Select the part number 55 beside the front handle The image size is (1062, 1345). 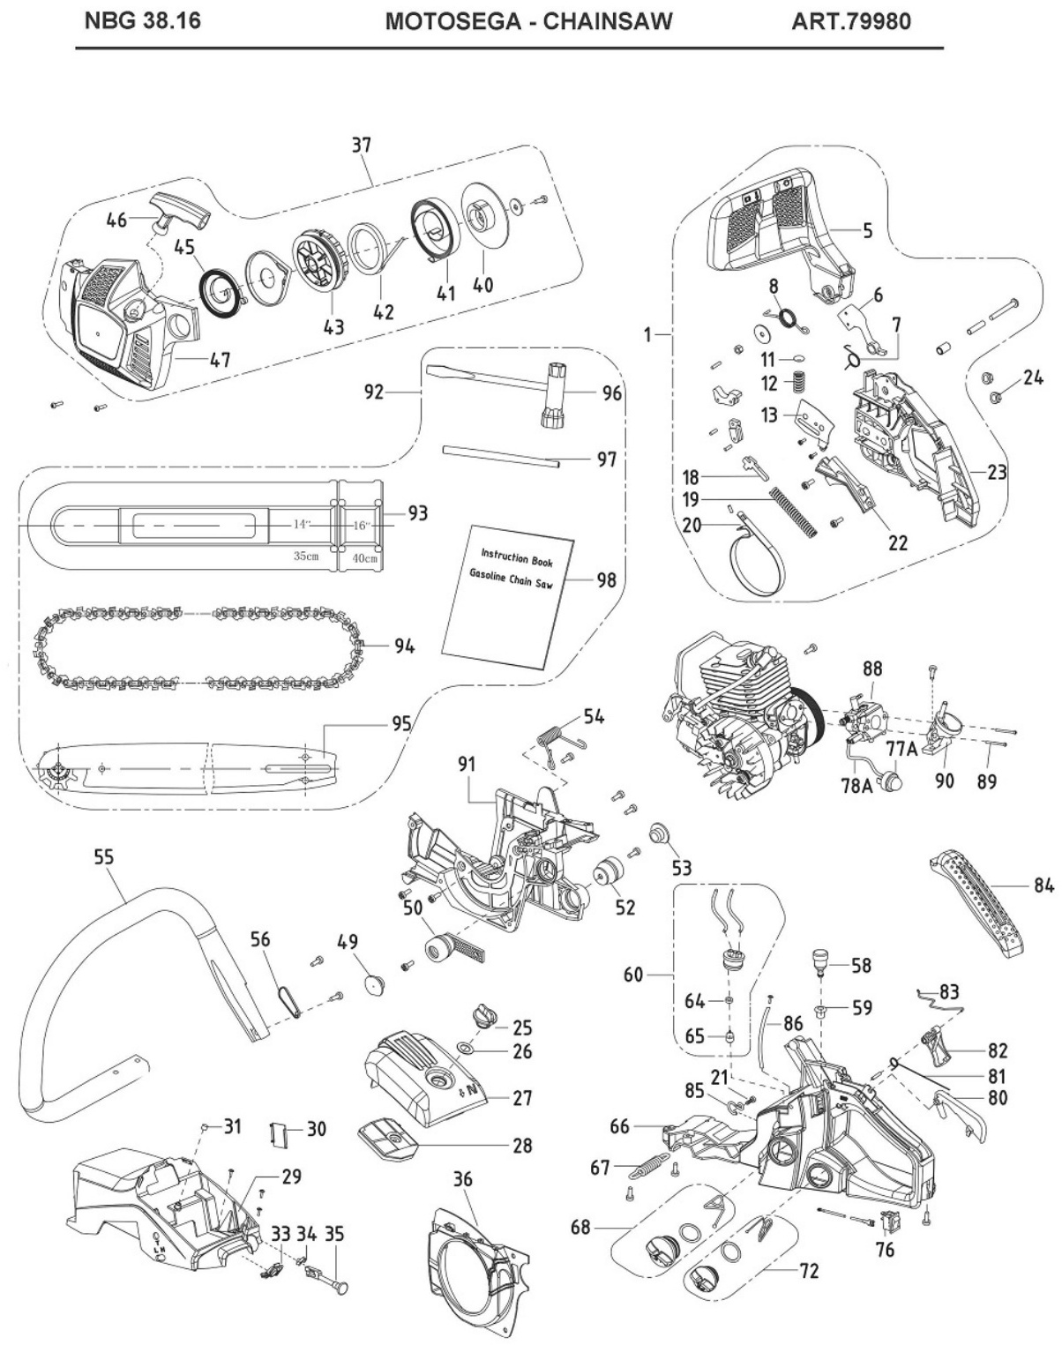tap(104, 856)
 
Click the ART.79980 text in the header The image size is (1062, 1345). tap(851, 20)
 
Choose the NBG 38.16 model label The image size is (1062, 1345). tap(142, 20)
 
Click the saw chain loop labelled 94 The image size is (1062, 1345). tap(203, 646)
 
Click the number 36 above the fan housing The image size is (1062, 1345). tap(463, 1179)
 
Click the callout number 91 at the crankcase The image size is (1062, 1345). tap(467, 764)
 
